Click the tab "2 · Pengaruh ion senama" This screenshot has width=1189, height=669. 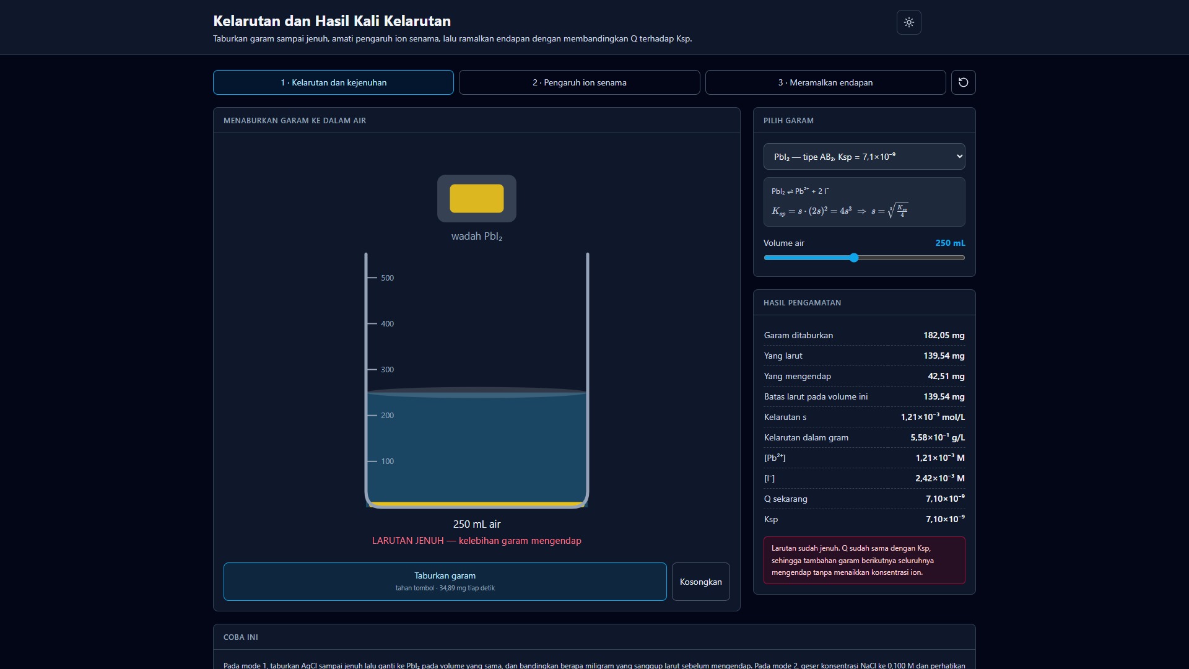coord(579,82)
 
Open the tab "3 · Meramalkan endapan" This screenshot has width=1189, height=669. coord(825,82)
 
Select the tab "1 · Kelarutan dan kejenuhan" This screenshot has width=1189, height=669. coord(333,82)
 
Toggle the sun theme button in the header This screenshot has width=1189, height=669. coord(909,22)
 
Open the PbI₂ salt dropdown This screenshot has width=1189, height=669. coord(864,157)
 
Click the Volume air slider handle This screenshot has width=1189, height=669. coord(854,258)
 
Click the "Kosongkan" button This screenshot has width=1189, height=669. coord(701,582)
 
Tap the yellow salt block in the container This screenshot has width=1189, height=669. coord(477,198)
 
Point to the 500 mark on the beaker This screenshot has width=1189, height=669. coord(387,278)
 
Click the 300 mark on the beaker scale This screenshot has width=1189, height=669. coord(387,370)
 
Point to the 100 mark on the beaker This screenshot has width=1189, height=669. coord(387,461)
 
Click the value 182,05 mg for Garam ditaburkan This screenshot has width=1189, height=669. coord(944,335)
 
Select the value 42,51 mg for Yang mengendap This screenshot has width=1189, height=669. coord(946,376)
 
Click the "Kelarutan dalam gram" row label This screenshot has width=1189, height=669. coord(806,437)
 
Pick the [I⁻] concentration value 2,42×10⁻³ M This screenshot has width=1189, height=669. coord(940,478)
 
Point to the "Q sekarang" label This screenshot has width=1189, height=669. coord(786,499)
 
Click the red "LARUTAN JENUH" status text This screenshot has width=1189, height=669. coord(408,541)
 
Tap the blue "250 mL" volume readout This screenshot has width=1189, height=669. coord(950,243)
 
